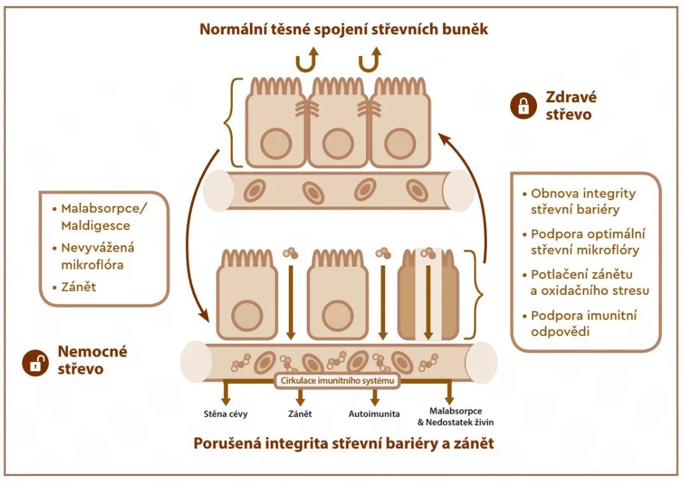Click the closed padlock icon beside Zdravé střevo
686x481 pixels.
523,106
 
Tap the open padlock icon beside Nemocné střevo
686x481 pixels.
36,362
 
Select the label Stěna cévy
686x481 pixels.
226,414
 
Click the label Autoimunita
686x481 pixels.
374,414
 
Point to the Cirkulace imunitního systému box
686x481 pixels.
337,381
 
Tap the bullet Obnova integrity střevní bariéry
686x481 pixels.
583,201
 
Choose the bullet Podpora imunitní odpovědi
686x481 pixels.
584,323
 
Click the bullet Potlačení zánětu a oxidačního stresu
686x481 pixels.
590,283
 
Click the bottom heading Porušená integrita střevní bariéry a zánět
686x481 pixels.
344,443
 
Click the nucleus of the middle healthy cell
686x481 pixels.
338,144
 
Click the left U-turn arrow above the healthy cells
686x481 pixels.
305,62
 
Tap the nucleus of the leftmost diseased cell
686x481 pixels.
247,316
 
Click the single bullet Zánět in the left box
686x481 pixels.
79,287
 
